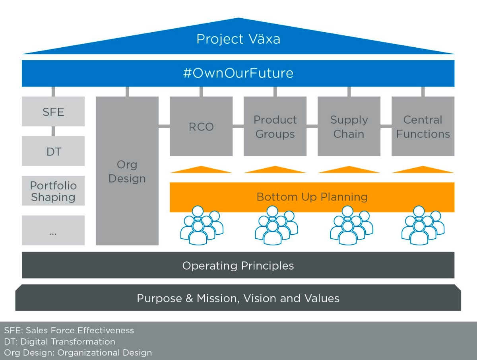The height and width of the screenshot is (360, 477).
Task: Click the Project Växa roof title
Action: (x=238, y=39)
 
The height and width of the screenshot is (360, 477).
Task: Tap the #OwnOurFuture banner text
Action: (x=238, y=73)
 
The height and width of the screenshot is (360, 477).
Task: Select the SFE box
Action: (x=53, y=111)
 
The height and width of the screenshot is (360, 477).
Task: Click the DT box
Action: (x=53, y=151)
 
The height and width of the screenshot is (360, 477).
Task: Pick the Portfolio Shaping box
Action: (x=53, y=191)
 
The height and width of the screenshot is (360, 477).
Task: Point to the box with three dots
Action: (x=53, y=230)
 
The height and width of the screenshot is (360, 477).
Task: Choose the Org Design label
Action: (x=127, y=171)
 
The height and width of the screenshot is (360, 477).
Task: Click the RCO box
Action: (x=201, y=126)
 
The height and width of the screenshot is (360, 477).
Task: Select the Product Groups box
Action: (x=275, y=126)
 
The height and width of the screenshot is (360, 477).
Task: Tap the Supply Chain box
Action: (x=349, y=126)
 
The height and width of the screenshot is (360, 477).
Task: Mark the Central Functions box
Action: (x=423, y=126)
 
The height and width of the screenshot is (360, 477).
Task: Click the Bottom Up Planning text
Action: (x=312, y=197)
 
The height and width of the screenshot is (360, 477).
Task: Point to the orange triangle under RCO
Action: (x=201, y=170)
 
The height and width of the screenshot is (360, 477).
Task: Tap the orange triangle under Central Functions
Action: (x=423, y=170)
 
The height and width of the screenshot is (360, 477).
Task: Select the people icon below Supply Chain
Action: (x=351, y=226)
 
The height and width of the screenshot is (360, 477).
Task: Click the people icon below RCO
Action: (x=202, y=226)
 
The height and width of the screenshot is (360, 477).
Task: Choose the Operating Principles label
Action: (x=238, y=266)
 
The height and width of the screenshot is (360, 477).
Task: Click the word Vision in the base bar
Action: (x=260, y=298)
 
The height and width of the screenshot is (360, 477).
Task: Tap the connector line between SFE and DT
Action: (x=53, y=131)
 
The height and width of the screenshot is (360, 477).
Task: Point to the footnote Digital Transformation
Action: (x=68, y=342)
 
